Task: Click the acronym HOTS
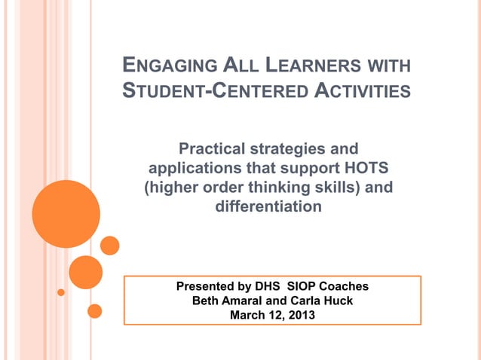363,166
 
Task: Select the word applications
195,166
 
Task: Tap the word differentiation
268,205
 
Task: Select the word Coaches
343,287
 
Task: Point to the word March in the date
247,315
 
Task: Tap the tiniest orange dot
61,292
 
